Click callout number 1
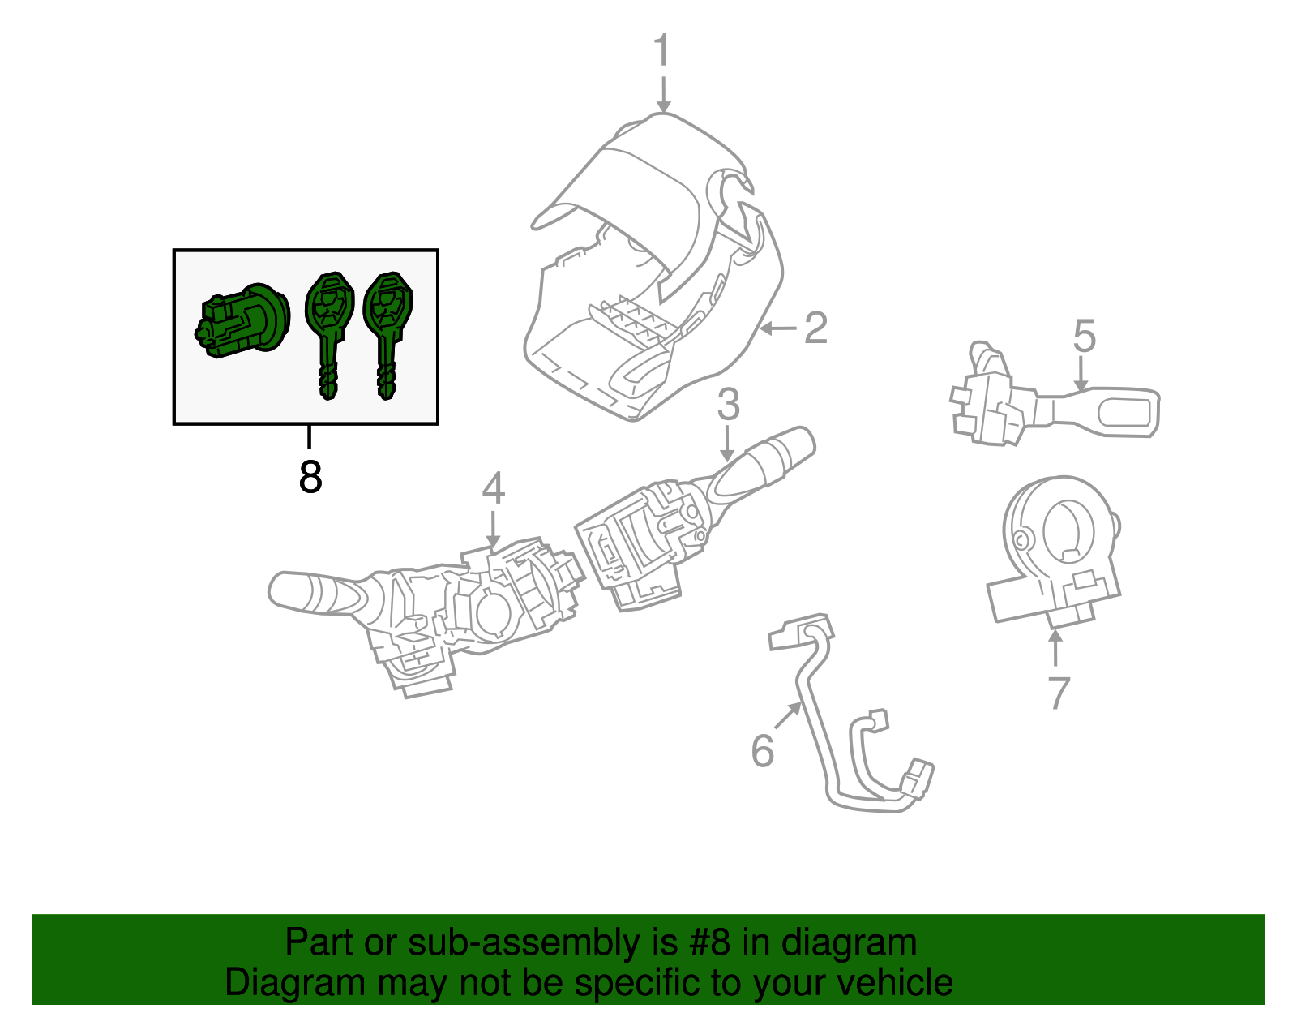[662, 50]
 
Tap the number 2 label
[815, 328]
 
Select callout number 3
[728, 404]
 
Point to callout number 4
[493, 489]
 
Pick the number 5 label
[1084, 336]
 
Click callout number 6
[762, 750]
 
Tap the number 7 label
[1058, 692]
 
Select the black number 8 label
[310, 478]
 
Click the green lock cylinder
[242, 321]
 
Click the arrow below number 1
[663, 95]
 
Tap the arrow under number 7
[1055, 649]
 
